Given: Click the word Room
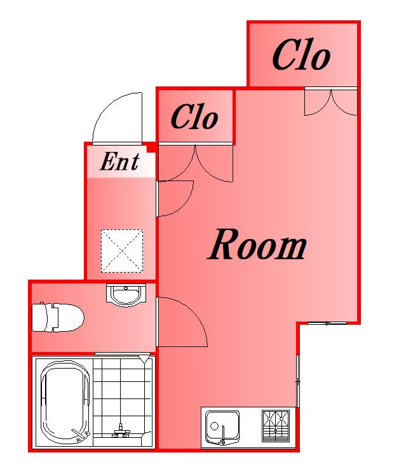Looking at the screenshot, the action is [257, 245].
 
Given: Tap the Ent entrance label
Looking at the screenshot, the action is [119, 161].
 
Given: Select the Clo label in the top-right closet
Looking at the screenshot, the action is [301, 55].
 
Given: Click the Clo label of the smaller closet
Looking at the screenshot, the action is [194, 117].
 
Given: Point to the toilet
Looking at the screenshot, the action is [58, 317].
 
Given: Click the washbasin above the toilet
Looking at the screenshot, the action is [126, 295].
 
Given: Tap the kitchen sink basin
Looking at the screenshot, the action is [222, 427].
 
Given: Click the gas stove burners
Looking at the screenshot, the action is [276, 426].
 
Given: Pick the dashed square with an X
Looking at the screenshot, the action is [122, 251].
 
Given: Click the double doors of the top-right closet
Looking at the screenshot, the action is [331, 102].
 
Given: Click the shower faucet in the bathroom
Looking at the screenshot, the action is [121, 432].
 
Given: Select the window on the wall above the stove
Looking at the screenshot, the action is [298, 381].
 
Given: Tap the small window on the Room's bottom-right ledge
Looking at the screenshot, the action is [327, 323].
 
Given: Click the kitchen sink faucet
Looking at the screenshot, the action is [223, 435].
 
